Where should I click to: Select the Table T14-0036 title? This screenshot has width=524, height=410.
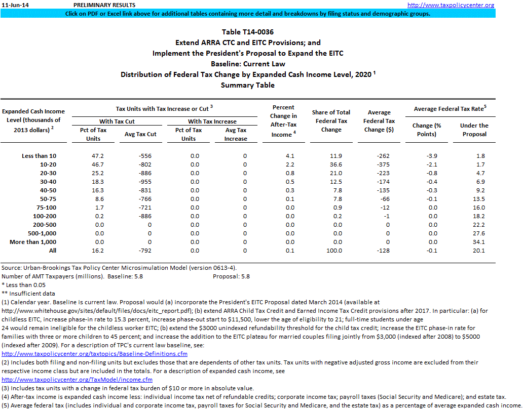248,32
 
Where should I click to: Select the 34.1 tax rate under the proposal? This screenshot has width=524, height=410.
478,242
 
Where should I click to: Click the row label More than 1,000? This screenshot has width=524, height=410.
33,242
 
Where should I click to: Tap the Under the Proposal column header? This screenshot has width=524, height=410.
474,130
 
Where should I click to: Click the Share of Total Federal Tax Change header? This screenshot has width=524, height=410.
331,121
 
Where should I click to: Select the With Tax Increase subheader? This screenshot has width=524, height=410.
212,121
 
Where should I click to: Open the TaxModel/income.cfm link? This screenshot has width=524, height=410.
77,379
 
